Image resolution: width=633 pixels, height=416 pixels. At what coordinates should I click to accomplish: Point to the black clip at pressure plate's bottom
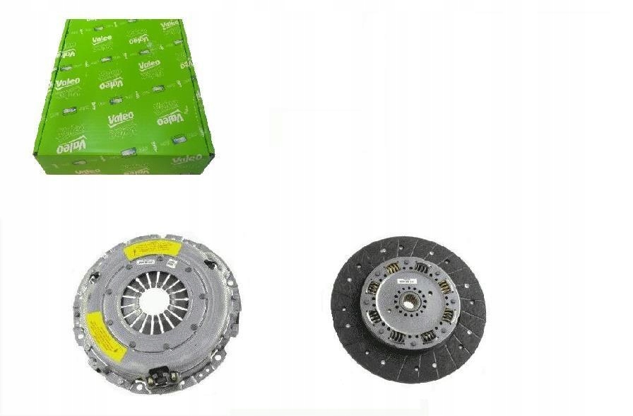click(x=158, y=377)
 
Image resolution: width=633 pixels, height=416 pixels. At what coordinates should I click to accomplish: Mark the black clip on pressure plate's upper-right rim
click(x=209, y=263)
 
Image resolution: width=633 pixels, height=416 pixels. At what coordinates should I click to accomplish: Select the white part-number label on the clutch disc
click(x=408, y=281)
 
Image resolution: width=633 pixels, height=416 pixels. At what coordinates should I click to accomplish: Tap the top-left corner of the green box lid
click(x=66, y=21)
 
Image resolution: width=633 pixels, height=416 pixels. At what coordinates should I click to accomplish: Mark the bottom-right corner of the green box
click(x=206, y=172)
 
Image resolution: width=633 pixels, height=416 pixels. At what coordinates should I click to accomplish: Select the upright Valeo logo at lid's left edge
click(x=68, y=83)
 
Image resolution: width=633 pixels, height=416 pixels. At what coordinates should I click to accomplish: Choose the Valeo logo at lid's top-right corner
click(x=170, y=25)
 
